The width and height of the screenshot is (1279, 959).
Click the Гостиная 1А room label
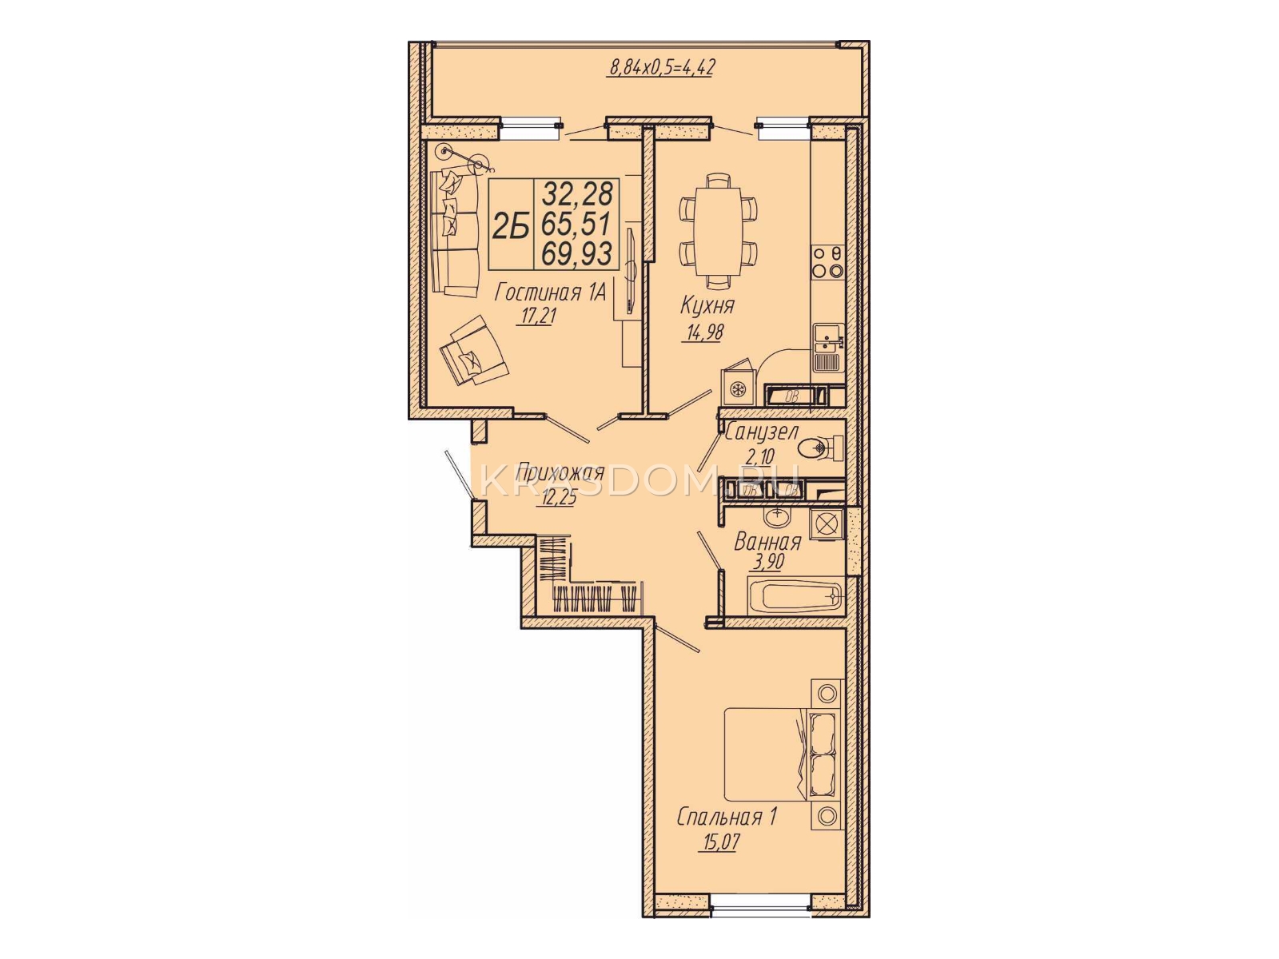(x=550, y=292)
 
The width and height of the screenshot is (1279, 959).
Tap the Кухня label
(x=707, y=305)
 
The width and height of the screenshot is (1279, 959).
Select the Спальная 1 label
(x=726, y=818)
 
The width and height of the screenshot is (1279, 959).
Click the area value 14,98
(x=705, y=332)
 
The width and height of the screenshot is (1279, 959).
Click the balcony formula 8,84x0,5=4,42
(x=662, y=68)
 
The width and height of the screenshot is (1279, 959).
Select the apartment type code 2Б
(x=511, y=225)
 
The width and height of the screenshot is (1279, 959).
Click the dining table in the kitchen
(x=718, y=231)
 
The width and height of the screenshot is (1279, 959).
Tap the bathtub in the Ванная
(x=796, y=595)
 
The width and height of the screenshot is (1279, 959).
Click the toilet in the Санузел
(x=821, y=448)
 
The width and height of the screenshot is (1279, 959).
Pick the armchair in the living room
(x=474, y=351)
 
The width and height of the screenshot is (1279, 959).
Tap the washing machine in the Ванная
(x=827, y=524)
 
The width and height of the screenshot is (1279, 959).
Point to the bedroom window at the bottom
(x=760, y=918)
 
